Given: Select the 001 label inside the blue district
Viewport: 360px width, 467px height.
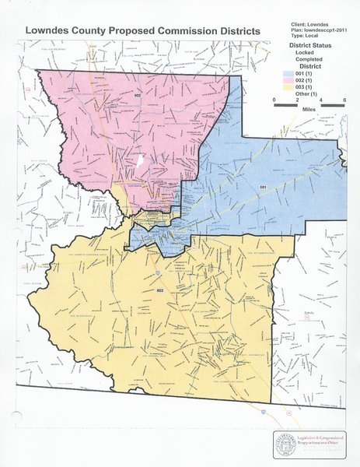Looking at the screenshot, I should point(264,188).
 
